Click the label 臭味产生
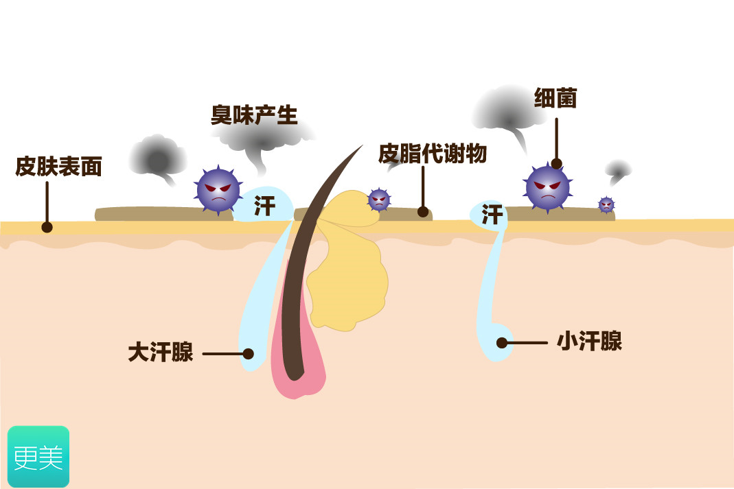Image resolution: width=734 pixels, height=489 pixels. click(x=254, y=115)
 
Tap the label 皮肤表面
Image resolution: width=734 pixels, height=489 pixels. click(x=58, y=166)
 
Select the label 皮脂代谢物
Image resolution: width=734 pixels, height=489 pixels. click(x=433, y=154)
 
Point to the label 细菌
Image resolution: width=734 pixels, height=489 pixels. click(x=555, y=99)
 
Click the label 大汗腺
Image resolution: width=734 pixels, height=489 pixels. click(x=161, y=353)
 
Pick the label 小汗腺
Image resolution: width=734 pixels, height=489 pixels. click(x=589, y=342)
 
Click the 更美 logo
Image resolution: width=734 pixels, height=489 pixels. click(x=38, y=457)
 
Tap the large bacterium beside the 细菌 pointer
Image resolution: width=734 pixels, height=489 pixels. click(x=547, y=187)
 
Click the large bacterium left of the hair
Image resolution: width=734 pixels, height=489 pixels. click(x=218, y=189)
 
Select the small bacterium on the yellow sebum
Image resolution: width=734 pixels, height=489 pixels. click(x=378, y=200)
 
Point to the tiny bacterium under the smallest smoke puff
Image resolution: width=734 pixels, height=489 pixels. click(x=606, y=204)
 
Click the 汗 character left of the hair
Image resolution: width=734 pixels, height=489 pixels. click(x=264, y=206)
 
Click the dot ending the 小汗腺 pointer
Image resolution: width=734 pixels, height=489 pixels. click(x=502, y=342)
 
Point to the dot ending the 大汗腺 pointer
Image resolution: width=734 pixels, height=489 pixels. click(x=249, y=354)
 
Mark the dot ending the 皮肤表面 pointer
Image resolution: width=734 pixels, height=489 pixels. click(x=47, y=227)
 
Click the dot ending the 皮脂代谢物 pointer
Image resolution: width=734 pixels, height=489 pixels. click(x=423, y=212)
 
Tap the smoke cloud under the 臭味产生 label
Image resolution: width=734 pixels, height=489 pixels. click(x=264, y=141)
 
